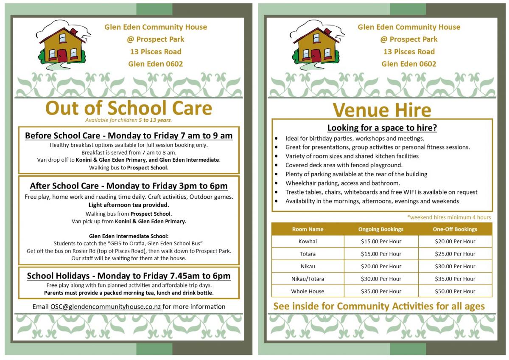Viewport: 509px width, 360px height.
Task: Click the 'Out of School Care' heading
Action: pyautogui.click(x=129, y=108)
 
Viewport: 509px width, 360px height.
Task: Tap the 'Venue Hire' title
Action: pyautogui.click(x=382, y=110)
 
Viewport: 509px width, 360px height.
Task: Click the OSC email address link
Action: pyautogui.click(x=106, y=307)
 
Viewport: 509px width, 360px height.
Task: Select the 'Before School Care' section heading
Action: pyautogui.click(x=129, y=136)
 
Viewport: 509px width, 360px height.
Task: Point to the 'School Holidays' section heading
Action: pyautogui.click(x=129, y=276)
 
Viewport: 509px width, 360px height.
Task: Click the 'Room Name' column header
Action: pyautogui.click(x=308, y=229)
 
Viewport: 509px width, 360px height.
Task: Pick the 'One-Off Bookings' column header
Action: pyautogui.click(x=455, y=229)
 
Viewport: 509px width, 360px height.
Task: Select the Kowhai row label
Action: pyautogui.click(x=308, y=242)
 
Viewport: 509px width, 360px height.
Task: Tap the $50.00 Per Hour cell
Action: pyautogui.click(x=455, y=292)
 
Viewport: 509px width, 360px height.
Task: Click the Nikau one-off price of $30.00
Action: pyautogui.click(x=455, y=267)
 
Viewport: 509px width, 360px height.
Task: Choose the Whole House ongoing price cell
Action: pyautogui.click(x=380, y=292)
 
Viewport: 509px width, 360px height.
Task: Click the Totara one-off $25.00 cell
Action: pyautogui.click(x=455, y=254)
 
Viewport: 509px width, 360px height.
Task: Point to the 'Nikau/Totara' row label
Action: pyautogui.click(x=308, y=279)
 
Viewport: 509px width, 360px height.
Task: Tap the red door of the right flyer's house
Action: pyautogui.click(x=316, y=56)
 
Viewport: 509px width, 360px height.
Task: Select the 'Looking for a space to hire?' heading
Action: pyautogui.click(x=382, y=128)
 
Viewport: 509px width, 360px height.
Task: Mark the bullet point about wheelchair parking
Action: pyautogui.click(x=343, y=183)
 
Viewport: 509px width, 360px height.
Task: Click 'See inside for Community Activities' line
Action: pyautogui.click(x=379, y=306)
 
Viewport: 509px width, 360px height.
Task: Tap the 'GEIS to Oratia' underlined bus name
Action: pyautogui.click(x=155, y=243)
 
